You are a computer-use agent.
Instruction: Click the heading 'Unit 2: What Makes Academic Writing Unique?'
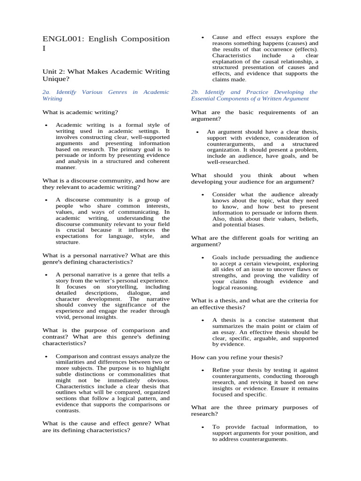(106, 75)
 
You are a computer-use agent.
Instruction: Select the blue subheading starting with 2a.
(106, 95)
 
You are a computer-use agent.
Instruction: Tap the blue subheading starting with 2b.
(254, 95)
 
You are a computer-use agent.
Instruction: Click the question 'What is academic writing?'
(80, 112)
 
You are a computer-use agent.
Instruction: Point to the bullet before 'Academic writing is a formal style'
(46, 126)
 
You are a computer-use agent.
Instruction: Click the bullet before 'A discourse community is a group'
(46, 200)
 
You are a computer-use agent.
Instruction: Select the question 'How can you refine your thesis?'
(237, 357)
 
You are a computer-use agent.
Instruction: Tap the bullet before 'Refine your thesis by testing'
(202, 371)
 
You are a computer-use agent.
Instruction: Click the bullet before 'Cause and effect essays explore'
(202, 38)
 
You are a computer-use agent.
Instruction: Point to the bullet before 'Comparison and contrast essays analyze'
(46, 357)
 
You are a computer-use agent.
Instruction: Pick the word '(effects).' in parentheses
(303, 49)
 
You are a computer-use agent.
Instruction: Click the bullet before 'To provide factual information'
(202, 427)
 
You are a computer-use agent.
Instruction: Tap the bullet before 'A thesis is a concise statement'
(202, 321)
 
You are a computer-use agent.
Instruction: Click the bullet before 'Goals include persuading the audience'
(202, 258)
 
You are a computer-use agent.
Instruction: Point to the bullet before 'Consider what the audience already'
(202, 195)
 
